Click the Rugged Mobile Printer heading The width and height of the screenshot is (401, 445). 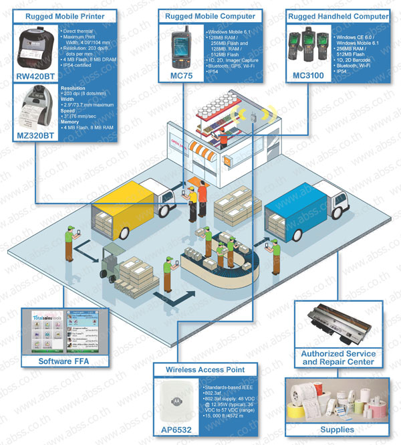click(63, 15)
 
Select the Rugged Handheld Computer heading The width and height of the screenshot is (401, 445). click(338, 15)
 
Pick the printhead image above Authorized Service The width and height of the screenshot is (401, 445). click(338, 325)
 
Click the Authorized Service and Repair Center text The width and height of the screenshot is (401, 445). click(338, 357)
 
